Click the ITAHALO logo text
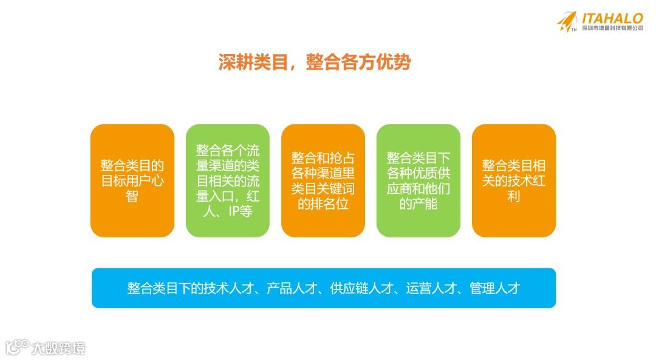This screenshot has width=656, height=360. [612, 18]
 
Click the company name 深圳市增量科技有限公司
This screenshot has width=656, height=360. [612, 29]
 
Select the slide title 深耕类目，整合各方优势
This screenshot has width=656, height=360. [315, 63]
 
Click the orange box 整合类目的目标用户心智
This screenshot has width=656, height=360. [132, 180]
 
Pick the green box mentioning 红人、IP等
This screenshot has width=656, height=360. [228, 180]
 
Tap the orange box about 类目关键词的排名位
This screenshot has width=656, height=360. [323, 180]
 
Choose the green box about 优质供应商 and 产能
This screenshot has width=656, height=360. [419, 180]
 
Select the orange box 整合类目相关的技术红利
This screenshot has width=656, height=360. [514, 180]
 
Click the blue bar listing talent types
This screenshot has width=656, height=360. [324, 288]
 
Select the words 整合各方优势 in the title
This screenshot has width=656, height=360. [358, 63]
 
